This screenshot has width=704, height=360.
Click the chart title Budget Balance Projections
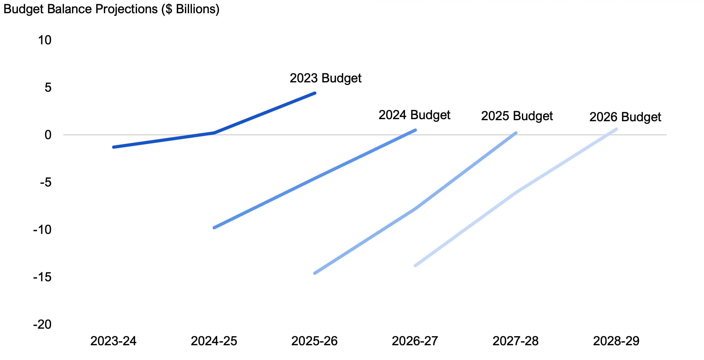tap(111, 9)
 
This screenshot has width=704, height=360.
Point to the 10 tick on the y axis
tap(45, 40)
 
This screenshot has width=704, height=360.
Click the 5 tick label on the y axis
tap(48, 88)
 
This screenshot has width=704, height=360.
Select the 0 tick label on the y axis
tap(48, 135)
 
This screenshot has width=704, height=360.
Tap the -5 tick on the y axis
tap(46, 182)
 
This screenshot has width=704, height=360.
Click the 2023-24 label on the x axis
tap(113, 341)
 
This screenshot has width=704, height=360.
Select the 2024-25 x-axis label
tap(214, 341)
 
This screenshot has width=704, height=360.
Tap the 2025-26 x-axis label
tap(314, 341)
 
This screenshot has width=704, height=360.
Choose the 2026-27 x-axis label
tap(415, 341)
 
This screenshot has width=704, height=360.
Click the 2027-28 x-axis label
tap(515, 341)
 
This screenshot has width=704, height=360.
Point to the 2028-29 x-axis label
tap(616, 341)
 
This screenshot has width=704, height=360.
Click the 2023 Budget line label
tap(326, 78)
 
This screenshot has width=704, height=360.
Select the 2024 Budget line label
tap(414, 115)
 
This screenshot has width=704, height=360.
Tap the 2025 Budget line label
tap(517, 116)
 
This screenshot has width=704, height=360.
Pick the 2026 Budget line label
tap(625, 117)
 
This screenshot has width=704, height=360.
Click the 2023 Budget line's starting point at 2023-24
tap(114, 147)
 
